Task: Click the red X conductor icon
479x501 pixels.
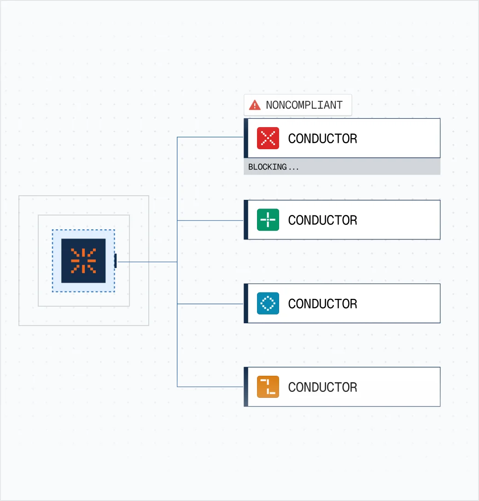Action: click(x=268, y=138)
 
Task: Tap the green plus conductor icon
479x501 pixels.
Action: click(x=268, y=220)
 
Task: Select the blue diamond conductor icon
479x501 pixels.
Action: click(x=268, y=303)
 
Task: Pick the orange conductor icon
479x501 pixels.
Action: click(x=268, y=387)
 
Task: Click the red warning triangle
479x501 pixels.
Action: click(x=255, y=105)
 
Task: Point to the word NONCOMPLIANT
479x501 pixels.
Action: click(x=304, y=105)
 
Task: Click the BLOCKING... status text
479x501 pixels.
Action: click(x=274, y=167)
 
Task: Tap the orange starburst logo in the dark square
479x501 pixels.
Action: click(x=83, y=261)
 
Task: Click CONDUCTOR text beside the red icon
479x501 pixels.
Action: click(x=322, y=139)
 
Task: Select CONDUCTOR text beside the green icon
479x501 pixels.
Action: click(x=322, y=220)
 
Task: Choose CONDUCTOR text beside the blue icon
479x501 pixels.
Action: click(x=322, y=304)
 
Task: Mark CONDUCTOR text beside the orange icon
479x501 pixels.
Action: click(x=322, y=387)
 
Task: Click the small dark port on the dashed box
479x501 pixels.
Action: click(x=115, y=261)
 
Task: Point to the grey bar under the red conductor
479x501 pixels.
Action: click(x=342, y=167)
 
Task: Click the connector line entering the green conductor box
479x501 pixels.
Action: click(x=210, y=220)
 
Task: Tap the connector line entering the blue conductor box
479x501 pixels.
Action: click(x=210, y=304)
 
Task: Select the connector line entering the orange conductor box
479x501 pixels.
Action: click(x=210, y=387)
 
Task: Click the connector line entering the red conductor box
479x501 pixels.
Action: click(x=210, y=137)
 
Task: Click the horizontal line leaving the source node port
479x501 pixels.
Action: click(x=147, y=262)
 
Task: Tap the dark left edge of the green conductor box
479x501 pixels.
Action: click(x=246, y=220)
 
